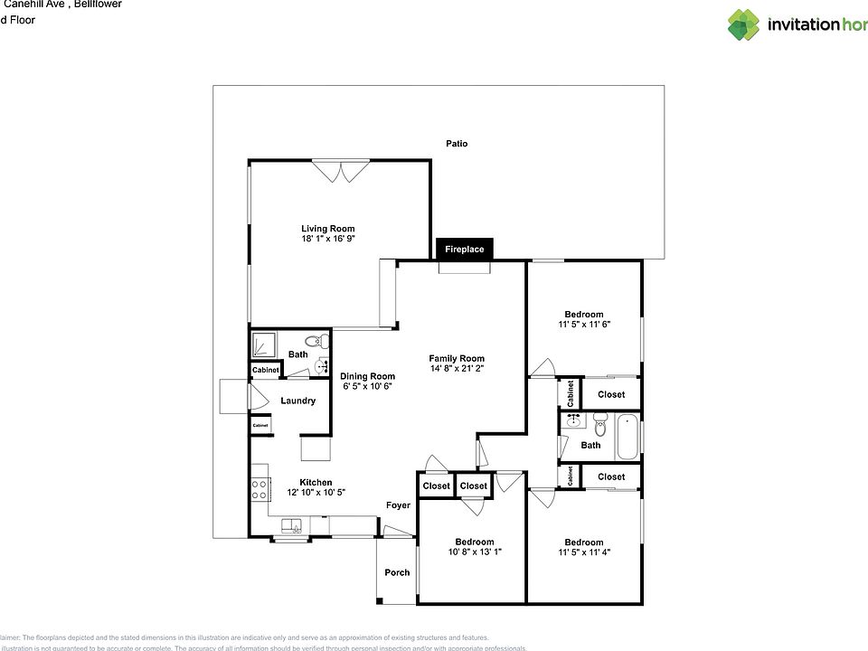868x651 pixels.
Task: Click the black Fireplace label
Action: tap(464, 249)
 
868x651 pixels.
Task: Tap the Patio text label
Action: tap(457, 144)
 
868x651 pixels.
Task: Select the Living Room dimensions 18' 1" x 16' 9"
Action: tap(328, 240)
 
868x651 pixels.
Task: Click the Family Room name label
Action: tap(457, 358)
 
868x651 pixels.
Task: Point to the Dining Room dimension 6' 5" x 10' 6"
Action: tap(367, 387)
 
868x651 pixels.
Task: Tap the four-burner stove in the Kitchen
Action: tap(259, 489)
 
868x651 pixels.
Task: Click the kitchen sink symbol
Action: tap(291, 525)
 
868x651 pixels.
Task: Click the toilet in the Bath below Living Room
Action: tap(315, 342)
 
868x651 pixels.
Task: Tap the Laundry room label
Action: tap(297, 401)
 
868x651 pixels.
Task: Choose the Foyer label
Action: tap(398, 505)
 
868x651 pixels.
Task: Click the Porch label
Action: tap(397, 572)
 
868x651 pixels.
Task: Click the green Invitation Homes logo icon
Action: tap(743, 24)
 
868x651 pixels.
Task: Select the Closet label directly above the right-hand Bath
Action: tap(611, 394)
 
